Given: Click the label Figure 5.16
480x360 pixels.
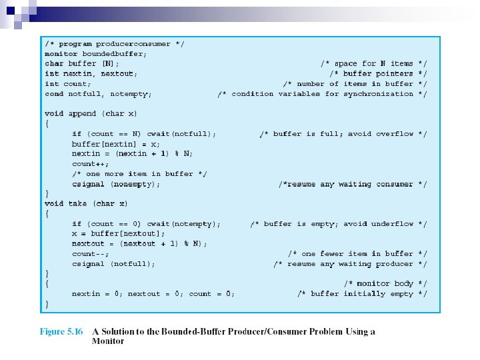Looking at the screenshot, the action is (x=61, y=331).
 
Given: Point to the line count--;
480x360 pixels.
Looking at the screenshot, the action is (x=90, y=254).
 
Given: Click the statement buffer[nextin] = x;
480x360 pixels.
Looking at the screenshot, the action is (x=115, y=143).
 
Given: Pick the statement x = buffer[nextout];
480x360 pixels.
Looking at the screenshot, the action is (x=118, y=233).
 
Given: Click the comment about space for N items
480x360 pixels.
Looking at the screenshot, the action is (x=374, y=63).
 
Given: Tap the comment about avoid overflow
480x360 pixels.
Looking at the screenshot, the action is (x=343, y=134).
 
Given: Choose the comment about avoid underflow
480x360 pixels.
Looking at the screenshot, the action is (x=339, y=224).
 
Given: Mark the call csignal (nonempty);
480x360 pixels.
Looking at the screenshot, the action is (x=116, y=184).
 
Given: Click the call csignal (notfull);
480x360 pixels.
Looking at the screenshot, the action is (x=113, y=264).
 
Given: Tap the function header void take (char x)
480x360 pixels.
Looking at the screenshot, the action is (x=86, y=203).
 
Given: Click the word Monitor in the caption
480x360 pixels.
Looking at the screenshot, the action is (x=108, y=341).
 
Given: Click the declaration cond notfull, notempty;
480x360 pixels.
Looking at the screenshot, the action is (x=98, y=94).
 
